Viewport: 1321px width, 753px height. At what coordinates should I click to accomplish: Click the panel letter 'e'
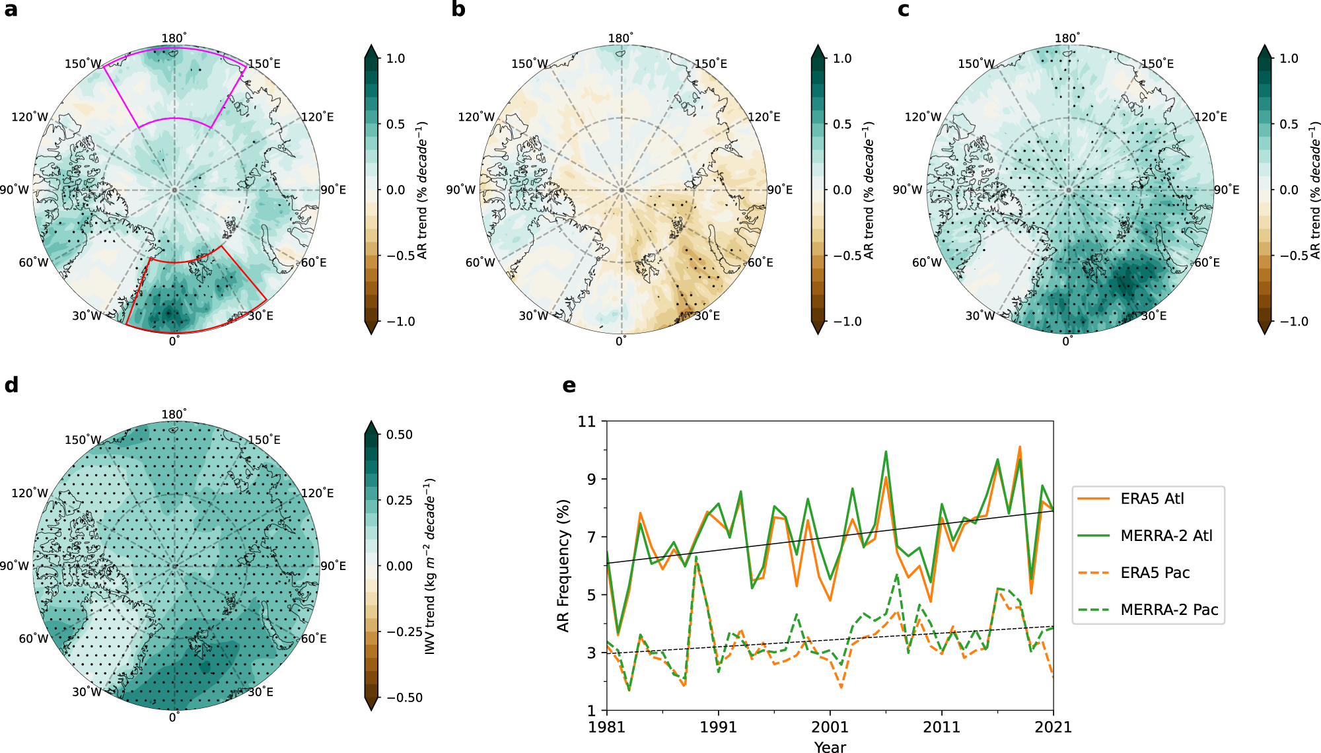[x=569, y=386]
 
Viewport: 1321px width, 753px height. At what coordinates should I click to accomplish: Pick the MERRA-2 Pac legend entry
[x=1148, y=610]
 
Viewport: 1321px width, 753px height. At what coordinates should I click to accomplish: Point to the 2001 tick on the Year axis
[x=830, y=727]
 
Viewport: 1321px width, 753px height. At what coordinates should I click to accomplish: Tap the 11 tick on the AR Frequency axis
[x=587, y=421]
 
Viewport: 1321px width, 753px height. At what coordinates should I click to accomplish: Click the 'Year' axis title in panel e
[x=830, y=747]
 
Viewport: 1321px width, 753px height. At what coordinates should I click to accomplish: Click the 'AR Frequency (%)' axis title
[x=563, y=565]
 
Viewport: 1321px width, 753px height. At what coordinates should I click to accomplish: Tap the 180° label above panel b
[x=621, y=38]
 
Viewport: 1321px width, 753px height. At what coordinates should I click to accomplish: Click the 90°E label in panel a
[x=334, y=190]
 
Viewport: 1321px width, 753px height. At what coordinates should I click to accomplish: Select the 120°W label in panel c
[x=923, y=117]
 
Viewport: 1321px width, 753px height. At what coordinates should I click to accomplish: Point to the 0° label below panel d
[x=174, y=717]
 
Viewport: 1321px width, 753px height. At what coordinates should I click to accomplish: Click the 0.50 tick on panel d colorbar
[x=400, y=435]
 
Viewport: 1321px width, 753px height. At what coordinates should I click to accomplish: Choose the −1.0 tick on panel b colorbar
[x=847, y=322]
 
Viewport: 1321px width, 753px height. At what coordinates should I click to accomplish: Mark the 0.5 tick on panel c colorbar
[x=1289, y=124]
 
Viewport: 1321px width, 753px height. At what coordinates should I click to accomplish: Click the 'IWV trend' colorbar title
[x=430, y=566]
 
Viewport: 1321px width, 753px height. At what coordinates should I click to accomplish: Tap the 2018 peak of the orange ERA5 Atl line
[x=1020, y=447]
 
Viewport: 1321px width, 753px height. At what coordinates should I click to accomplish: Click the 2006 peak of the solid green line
[x=886, y=452]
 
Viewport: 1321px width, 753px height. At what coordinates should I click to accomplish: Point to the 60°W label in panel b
[x=480, y=263]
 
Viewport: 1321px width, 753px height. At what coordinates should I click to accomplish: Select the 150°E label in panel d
[x=264, y=440]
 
